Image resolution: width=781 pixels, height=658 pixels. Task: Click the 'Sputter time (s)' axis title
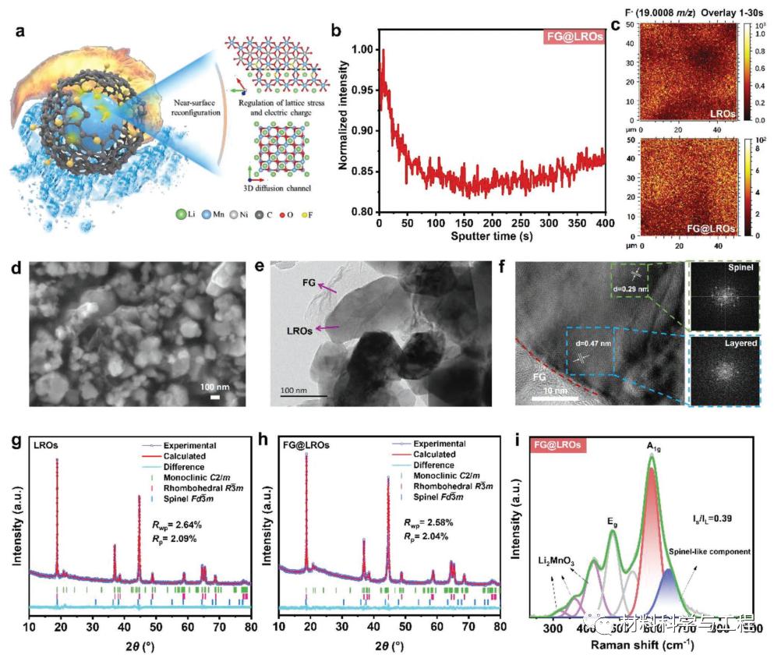pos(491,233)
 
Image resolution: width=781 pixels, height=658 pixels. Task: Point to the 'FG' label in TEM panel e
pos(309,285)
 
